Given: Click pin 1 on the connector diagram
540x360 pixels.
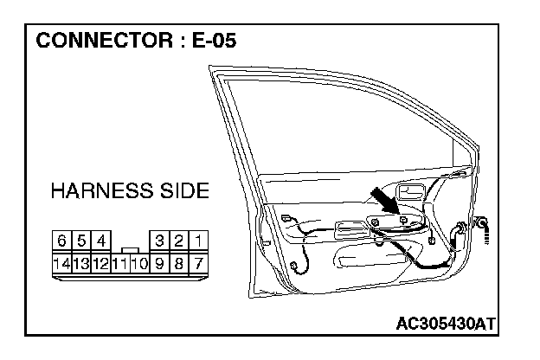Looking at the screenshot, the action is click(x=199, y=240).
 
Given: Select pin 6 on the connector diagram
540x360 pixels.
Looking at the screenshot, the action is click(x=62, y=240).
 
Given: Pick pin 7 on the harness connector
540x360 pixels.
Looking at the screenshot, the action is click(x=199, y=261).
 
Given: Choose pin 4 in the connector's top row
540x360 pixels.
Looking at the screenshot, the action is click(x=101, y=240).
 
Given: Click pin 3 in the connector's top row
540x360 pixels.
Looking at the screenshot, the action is click(x=160, y=240).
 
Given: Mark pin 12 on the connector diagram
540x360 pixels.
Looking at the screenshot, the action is click(x=101, y=261).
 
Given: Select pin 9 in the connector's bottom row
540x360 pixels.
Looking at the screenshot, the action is click(x=160, y=261).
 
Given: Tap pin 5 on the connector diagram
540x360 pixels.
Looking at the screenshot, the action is click(x=82, y=240).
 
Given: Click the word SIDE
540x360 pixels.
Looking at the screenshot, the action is click(x=181, y=191).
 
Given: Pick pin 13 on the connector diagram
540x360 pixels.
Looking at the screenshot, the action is click(x=81, y=261).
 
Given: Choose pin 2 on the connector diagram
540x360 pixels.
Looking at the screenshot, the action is click(x=180, y=240).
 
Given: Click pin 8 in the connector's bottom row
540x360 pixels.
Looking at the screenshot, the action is click(x=180, y=261).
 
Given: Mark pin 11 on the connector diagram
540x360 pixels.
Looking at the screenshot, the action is click(x=120, y=261).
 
